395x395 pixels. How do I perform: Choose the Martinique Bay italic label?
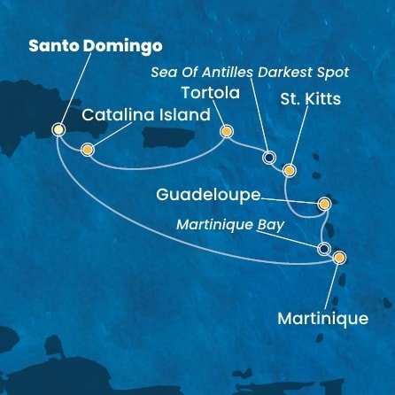pos(230,225)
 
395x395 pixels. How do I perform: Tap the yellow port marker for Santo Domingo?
pos(59,129)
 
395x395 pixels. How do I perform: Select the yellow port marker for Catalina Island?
pos(87,150)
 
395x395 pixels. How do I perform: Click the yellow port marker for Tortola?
pos(226,132)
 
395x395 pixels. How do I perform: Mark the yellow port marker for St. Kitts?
pos(288,170)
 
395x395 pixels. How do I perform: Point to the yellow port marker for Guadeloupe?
pos(324,204)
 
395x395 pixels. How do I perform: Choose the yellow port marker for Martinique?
pos(339,258)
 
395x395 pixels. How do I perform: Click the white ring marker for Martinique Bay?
pos(324,249)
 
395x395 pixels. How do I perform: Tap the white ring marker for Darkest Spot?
pos(269,159)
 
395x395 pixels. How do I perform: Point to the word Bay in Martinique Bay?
pos(271,225)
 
